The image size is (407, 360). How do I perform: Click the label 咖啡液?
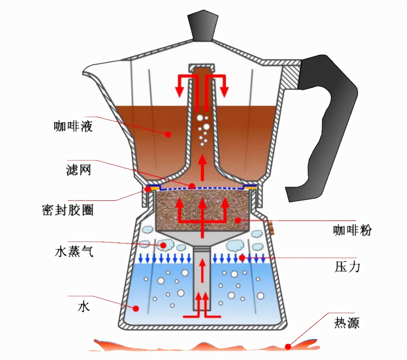point(73,126)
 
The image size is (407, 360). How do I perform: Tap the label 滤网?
point(79,170)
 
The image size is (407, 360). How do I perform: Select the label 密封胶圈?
point(68,210)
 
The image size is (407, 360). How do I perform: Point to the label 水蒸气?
point(74,251)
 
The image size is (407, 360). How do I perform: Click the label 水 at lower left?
point(84,307)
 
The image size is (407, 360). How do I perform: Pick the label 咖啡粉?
point(352,230)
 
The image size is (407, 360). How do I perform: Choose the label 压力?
point(347,267)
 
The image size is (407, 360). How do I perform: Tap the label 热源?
point(347,323)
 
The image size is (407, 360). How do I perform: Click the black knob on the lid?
point(203,26)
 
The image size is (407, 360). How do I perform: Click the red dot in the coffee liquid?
point(168,134)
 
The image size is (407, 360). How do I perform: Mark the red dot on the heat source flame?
point(288,347)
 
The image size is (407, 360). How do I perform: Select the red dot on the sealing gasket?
point(148,189)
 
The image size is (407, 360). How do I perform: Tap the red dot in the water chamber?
point(136,308)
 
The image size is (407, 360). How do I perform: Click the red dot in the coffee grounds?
point(238,220)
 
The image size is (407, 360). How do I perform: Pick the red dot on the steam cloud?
point(163,245)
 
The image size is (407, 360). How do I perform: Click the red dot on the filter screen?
point(192,186)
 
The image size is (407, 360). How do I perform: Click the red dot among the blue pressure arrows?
point(242,257)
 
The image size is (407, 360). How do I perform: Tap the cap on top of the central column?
point(201,67)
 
